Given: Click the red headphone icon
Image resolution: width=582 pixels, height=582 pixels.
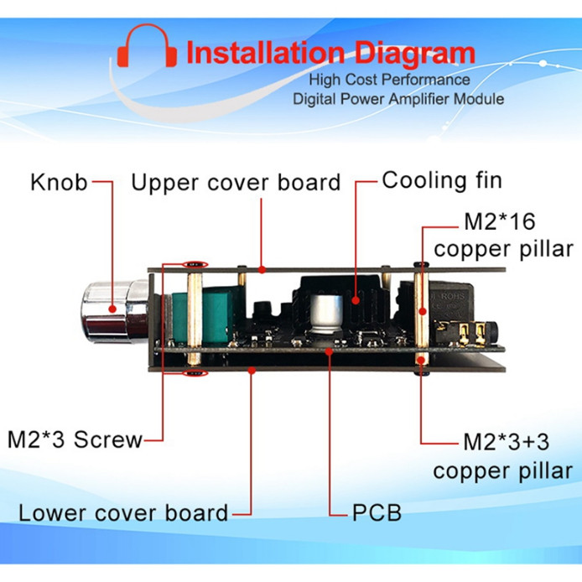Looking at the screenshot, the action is pos(147,45).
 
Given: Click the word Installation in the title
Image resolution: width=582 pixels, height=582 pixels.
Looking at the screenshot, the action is pos(265,52).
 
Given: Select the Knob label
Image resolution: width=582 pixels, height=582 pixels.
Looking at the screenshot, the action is pos(59,182).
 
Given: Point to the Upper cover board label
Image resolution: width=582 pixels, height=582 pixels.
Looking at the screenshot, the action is pos(236,182).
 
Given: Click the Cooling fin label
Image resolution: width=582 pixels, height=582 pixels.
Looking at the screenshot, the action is pos(442,181).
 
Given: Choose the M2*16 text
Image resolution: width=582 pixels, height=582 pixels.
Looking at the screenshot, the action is pos(500,221).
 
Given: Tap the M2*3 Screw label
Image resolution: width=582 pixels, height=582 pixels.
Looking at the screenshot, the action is pos(75,439).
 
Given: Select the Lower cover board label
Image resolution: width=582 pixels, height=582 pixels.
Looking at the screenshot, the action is pos(123,513).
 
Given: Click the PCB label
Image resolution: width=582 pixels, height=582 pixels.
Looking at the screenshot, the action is pos(377,513).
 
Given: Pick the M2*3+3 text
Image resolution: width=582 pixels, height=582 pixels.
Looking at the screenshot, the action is pos(507,442).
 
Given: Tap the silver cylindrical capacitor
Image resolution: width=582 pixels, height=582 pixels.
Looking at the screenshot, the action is pos(327,314).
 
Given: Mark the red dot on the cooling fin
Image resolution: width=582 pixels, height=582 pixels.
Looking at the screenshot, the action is pos(356,300).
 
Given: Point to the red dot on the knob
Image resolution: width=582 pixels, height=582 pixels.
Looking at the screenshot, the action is pos(112,309).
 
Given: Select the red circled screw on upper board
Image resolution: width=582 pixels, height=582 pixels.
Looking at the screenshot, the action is pos(195,264).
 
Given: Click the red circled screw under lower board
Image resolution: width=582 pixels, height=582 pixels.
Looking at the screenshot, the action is pos(195,372).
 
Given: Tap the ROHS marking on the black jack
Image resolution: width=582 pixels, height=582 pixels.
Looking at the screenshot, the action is pos(453,296).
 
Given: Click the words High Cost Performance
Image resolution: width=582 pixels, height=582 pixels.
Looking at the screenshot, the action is pos(389,80).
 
